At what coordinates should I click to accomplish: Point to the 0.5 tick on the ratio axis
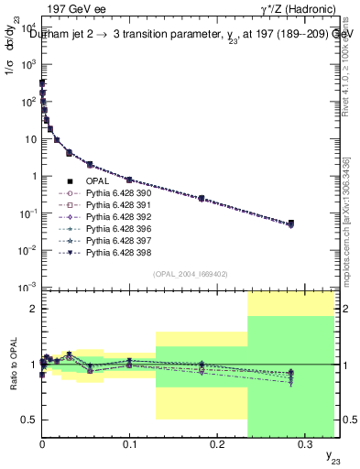pyautogui.click(x=28, y=420)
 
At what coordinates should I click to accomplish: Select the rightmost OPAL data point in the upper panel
pyautogui.click(x=290, y=224)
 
